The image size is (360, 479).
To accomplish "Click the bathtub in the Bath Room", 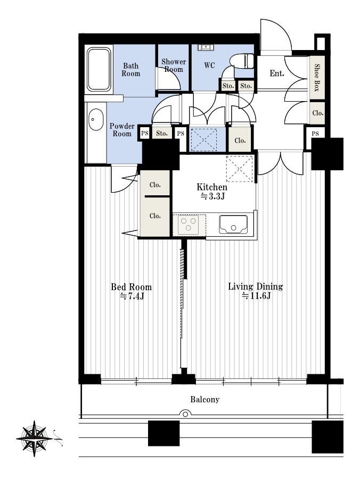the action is click(x=99, y=69).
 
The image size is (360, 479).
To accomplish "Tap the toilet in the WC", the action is click(x=242, y=62).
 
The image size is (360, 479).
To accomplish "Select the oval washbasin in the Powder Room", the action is click(x=96, y=119).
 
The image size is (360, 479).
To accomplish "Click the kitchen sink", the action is click(x=233, y=225).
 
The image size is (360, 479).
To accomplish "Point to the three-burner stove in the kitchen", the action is click(x=189, y=225).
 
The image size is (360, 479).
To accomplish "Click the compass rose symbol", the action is click(x=34, y=439).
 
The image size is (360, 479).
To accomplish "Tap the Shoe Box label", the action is click(x=317, y=78).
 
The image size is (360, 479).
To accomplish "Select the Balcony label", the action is click(x=204, y=399).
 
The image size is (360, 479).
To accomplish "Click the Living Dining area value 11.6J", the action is click(x=256, y=296).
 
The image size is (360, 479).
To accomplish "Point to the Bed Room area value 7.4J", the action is click(x=132, y=296).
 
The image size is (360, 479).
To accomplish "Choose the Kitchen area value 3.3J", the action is click(x=212, y=196).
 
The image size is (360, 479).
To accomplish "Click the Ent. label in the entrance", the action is click(x=277, y=73).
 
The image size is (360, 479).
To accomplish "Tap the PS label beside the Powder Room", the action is click(x=144, y=133).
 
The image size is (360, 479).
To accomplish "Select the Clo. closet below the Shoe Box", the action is click(x=318, y=113).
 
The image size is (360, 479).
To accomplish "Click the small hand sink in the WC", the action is click(x=206, y=47).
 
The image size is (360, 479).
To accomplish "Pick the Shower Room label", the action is click(x=174, y=65).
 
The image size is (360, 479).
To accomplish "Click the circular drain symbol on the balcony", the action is click(x=185, y=414).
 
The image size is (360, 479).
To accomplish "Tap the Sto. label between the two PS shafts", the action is click(x=162, y=133).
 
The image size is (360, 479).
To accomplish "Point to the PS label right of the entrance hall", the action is click(x=315, y=134).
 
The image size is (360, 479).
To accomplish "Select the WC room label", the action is click(x=209, y=65).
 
